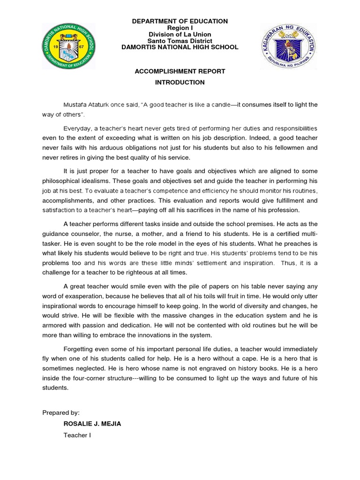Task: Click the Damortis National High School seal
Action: coord(68,46)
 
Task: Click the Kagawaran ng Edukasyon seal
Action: coord(289,46)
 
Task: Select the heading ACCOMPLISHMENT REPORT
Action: coord(180,71)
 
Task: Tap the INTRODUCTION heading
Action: coord(180,82)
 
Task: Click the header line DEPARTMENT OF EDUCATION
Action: coord(180,21)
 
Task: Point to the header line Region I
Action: coord(180,28)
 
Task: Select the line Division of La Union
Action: coord(180,34)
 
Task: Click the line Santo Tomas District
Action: coord(180,41)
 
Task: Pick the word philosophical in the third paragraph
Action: coord(62,181)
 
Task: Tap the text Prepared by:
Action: coord(61,412)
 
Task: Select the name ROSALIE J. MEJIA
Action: coord(92,424)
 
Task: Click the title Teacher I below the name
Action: coord(77,435)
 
